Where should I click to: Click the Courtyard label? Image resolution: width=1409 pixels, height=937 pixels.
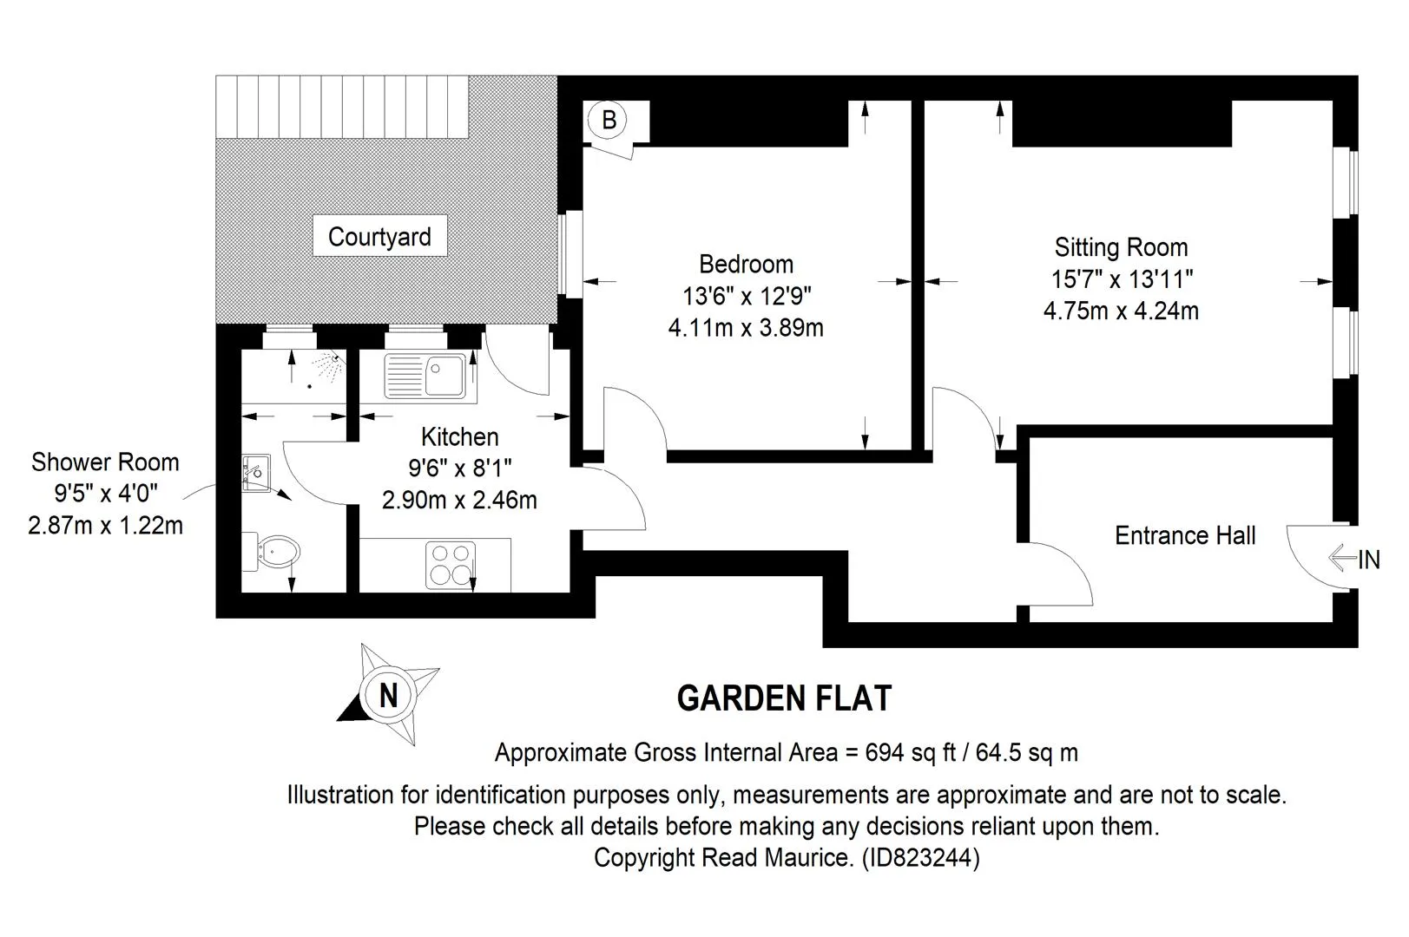379,236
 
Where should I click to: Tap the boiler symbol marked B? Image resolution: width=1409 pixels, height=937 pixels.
609,120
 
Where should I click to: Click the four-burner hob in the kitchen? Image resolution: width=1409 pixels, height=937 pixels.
451,565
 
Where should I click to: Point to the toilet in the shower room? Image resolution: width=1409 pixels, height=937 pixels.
272,552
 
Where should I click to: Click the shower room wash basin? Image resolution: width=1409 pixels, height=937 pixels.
256,473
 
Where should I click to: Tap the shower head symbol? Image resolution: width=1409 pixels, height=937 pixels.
329,367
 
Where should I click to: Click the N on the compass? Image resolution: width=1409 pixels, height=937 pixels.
389,696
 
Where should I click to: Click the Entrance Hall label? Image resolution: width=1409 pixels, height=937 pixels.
1185,535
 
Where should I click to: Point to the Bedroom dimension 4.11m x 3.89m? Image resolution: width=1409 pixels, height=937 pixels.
746,328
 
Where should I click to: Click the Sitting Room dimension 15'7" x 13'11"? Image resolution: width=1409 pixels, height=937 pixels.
1122,279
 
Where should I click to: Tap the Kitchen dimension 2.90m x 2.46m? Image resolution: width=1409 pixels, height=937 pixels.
459,501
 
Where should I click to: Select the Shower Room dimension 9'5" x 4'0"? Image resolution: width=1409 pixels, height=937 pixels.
105,494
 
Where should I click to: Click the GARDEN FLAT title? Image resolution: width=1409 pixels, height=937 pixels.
784,698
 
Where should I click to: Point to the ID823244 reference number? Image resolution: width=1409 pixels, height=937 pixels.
920,857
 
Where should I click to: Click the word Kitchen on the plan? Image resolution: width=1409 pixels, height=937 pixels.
460,436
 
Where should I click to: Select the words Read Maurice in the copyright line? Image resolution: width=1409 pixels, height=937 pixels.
776,857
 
